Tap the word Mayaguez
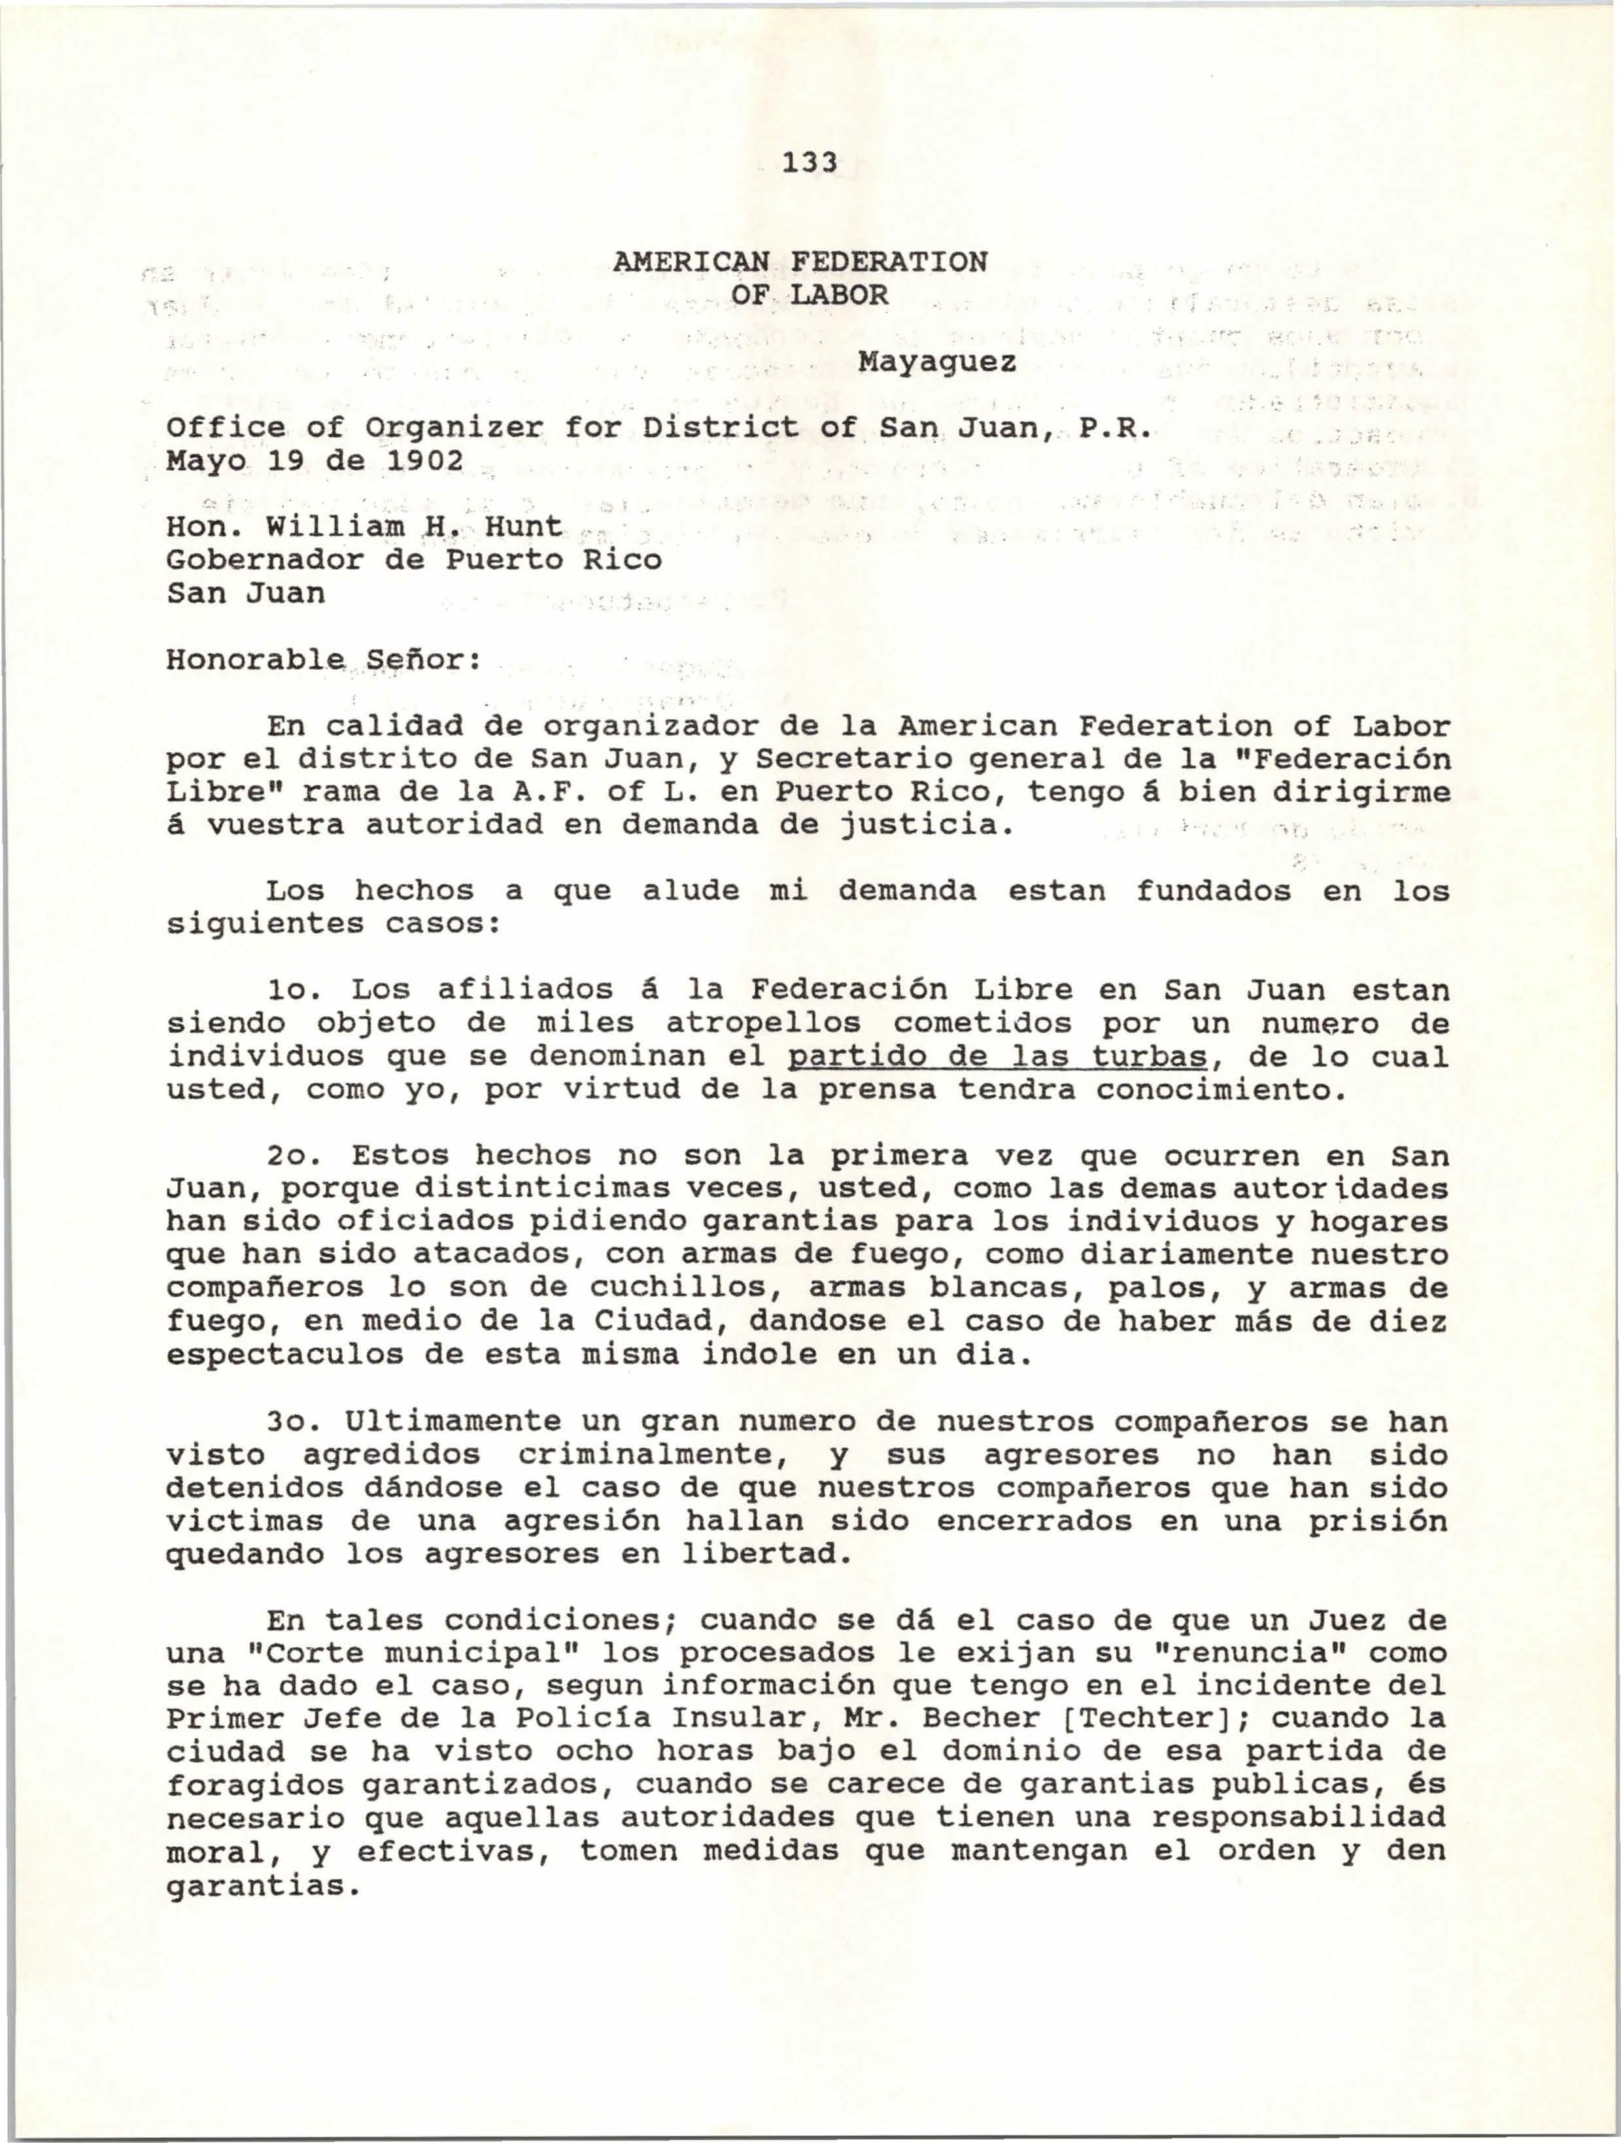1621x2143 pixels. point(937,364)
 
